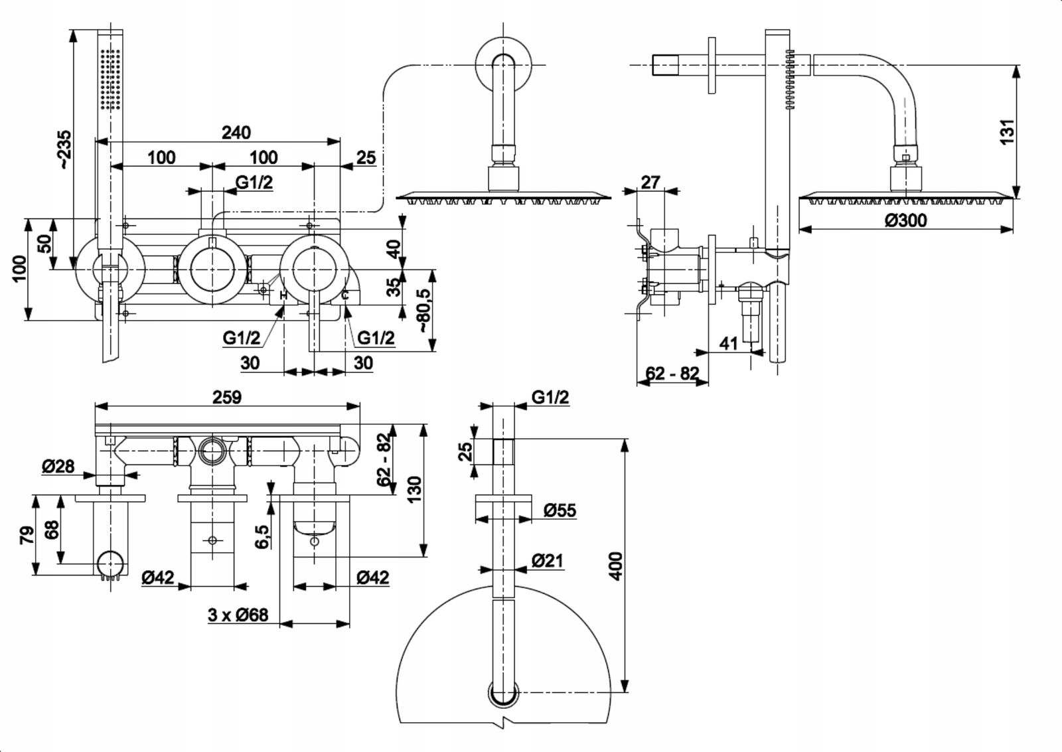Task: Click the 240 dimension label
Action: [236, 132]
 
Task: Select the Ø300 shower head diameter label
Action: [905, 220]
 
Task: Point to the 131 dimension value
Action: [1008, 131]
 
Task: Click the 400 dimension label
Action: [616, 566]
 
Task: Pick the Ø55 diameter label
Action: [560, 510]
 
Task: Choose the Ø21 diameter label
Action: [547, 561]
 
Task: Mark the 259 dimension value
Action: [227, 397]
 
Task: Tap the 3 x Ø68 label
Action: [238, 615]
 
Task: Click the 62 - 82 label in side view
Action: [672, 373]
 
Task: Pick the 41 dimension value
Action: [728, 343]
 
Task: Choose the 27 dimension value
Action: [650, 182]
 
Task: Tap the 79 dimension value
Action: [27, 534]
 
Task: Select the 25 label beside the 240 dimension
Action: [366, 157]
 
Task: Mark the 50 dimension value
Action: [44, 244]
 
